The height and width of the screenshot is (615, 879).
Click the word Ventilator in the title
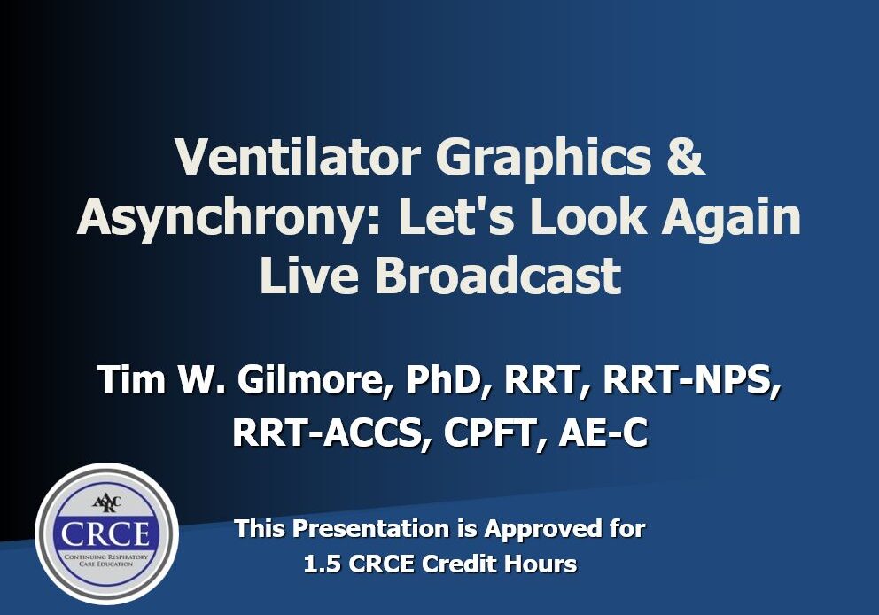[297, 157]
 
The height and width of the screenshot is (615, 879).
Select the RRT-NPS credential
[690, 379]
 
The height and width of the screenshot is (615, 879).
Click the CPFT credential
[494, 432]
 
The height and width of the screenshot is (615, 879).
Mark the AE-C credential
[603, 432]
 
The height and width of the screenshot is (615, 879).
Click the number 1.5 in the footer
[322, 564]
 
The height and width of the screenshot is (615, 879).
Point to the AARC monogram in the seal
[106, 502]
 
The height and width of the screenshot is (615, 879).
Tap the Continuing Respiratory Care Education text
[106, 560]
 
